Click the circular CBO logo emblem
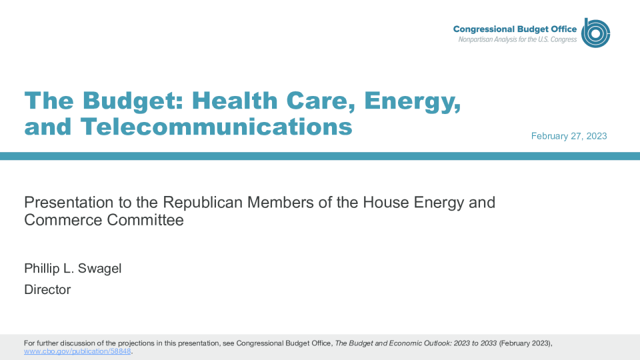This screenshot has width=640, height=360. [x=595, y=33]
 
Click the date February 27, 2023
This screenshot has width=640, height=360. [x=569, y=136]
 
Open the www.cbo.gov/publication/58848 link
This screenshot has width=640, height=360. [x=77, y=351]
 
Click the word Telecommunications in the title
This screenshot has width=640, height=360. [x=216, y=127]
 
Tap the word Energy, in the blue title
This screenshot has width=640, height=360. [x=412, y=101]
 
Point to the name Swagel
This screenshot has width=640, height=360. [x=99, y=269]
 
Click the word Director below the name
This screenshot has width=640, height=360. [x=47, y=289]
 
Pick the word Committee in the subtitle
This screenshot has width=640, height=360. [x=145, y=220]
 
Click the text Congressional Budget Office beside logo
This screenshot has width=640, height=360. [x=515, y=29]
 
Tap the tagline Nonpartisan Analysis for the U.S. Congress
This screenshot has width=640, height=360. [x=517, y=39]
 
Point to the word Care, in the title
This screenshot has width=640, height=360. [x=321, y=101]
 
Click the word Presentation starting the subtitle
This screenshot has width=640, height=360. [x=69, y=203]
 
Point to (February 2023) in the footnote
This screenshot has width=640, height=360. [x=525, y=343]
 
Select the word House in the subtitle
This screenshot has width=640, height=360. [x=386, y=203]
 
